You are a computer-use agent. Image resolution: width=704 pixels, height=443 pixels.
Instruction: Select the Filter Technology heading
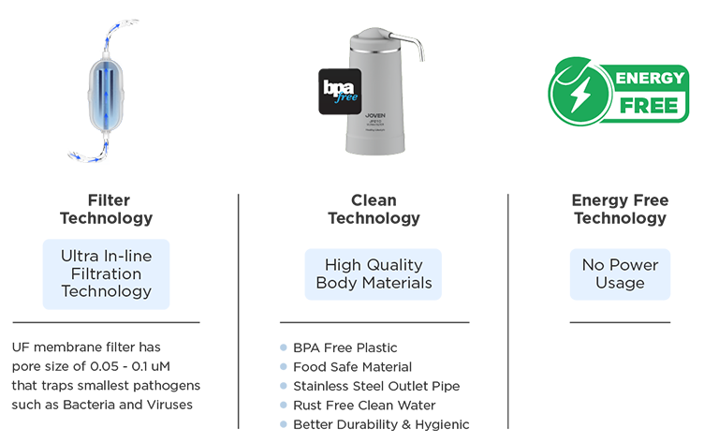click(107, 209)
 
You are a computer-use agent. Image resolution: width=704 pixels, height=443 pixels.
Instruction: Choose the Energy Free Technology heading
click(620, 209)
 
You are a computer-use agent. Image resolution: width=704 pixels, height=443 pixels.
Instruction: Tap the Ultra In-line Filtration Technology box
click(107, 273)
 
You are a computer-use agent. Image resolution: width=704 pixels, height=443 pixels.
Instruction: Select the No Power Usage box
click(620, 273)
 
